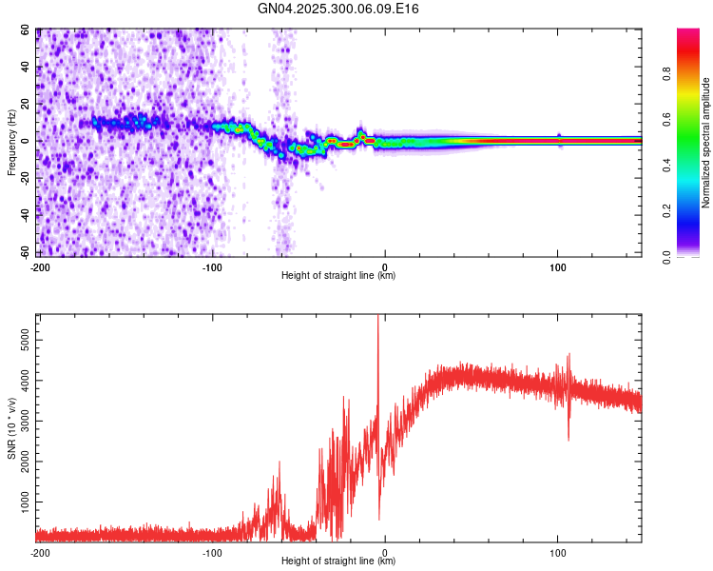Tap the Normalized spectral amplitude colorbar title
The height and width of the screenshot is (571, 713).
[x=706, y=142]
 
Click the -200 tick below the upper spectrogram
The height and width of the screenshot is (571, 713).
[x=40, y=266]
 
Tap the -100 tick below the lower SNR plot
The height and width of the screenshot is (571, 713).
[x=212, y=552]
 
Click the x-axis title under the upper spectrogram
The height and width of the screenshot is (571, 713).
[x=338, y=276]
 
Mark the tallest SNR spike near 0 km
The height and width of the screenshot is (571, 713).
[x=378, y=318]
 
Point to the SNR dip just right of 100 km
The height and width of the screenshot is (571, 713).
[x=568, y=439]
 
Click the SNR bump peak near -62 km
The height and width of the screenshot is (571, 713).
[x=279, y=463]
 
